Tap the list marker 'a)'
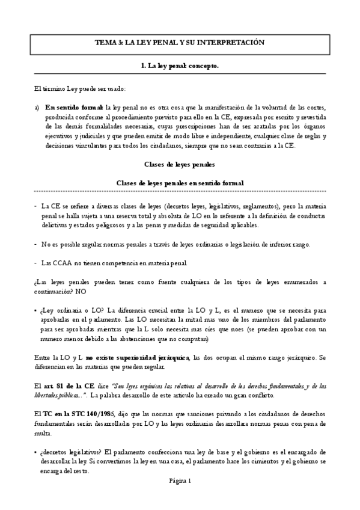(37, 106)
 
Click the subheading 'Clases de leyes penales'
(180, 164)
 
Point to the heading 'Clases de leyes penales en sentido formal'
(180, 183)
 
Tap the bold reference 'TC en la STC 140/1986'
(73, 414)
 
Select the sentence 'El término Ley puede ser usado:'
(80, 88)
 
